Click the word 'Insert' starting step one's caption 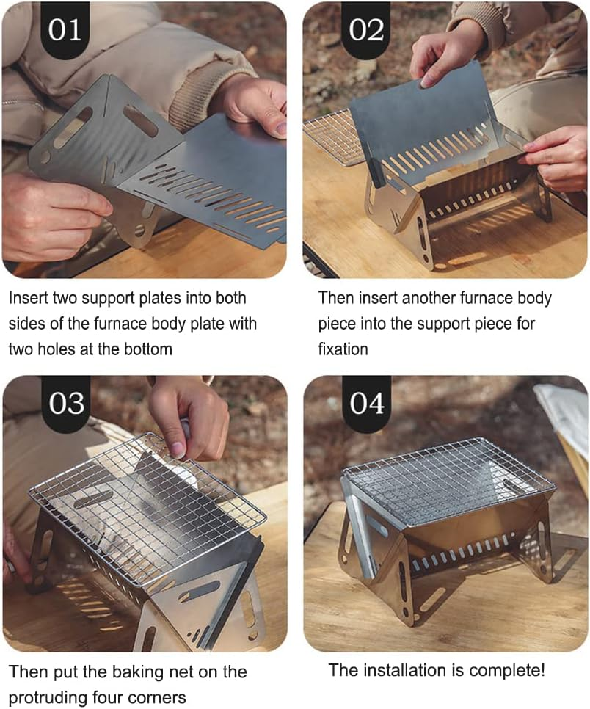29,299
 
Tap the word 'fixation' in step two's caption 343,349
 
